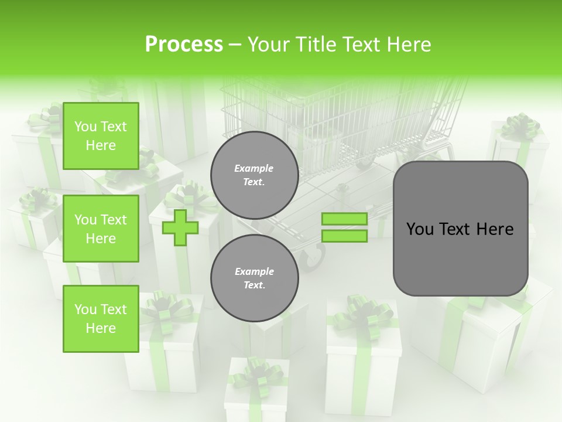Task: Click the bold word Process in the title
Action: click(184, 45)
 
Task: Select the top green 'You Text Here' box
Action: click(101, 136)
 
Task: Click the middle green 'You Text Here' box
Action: click(101, 229)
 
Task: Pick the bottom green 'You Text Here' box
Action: click(101, 319)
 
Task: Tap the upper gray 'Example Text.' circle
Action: click(254, 175)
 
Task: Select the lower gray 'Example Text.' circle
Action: click(254, 278)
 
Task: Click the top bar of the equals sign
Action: click(344, 219)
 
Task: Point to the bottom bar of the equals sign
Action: click(344, 236)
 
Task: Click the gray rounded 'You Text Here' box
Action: click(460, 229)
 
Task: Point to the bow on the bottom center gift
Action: click(258, 372)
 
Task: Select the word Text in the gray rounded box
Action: click(460, 229)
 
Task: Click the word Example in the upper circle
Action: click(254, 168)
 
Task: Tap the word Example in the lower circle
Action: click(254, 271)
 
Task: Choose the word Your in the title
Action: click(268, 45)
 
